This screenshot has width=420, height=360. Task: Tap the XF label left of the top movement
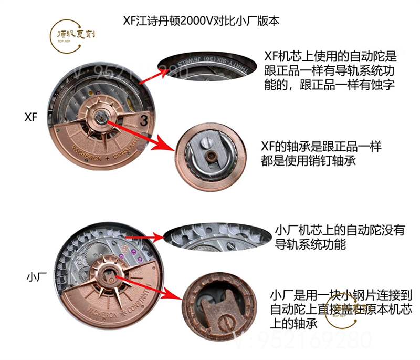(31, 117)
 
